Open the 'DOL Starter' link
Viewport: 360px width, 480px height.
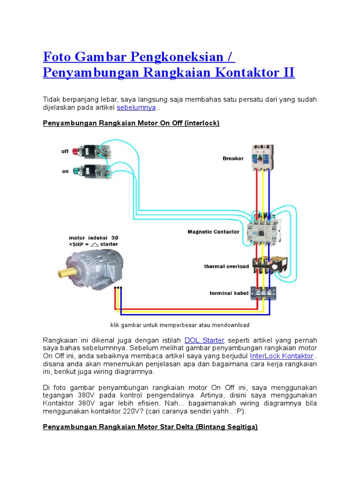pos(205,340)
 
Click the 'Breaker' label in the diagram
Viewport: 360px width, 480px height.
pos(233,158)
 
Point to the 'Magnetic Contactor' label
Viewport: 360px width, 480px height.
pos(213,232)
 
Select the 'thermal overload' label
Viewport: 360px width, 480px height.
pos(226,266)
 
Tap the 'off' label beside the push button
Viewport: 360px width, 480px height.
pos(65,151)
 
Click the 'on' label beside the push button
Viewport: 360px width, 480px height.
pos(65,171)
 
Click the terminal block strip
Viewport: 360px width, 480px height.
pos(266,293)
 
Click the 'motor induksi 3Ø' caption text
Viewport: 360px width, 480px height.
pos(93,238)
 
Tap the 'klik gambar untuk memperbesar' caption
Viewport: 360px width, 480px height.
pos(180,325)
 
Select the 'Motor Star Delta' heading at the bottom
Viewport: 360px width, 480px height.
pos(150,427)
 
